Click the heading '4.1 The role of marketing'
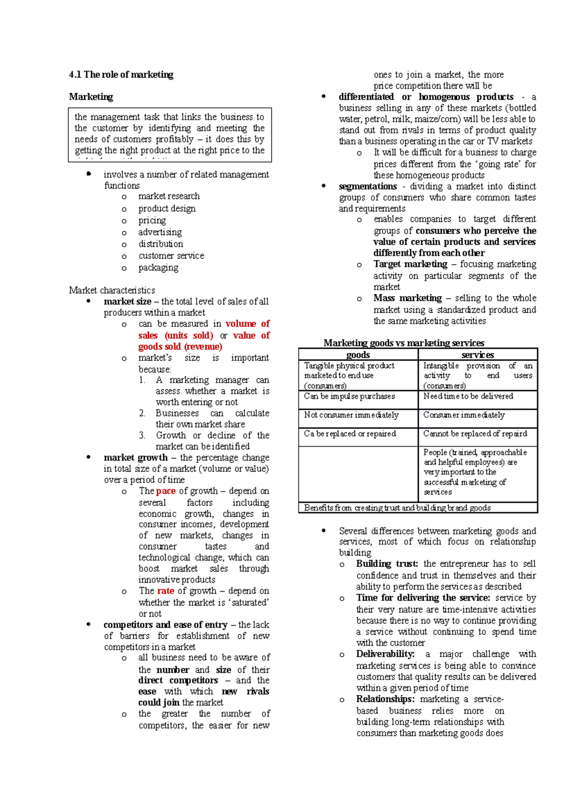121,75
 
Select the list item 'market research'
169,196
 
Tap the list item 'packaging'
158,268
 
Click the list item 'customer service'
171,256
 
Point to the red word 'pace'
166,491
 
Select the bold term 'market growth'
135,458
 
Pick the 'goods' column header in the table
358,354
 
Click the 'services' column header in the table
477,354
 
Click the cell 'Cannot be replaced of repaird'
475,434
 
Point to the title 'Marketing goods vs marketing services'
403,343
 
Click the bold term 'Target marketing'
410,264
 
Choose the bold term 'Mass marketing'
407,298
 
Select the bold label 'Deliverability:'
385,654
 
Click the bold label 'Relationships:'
385,699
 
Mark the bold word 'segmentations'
368,186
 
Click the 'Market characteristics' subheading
112,290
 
